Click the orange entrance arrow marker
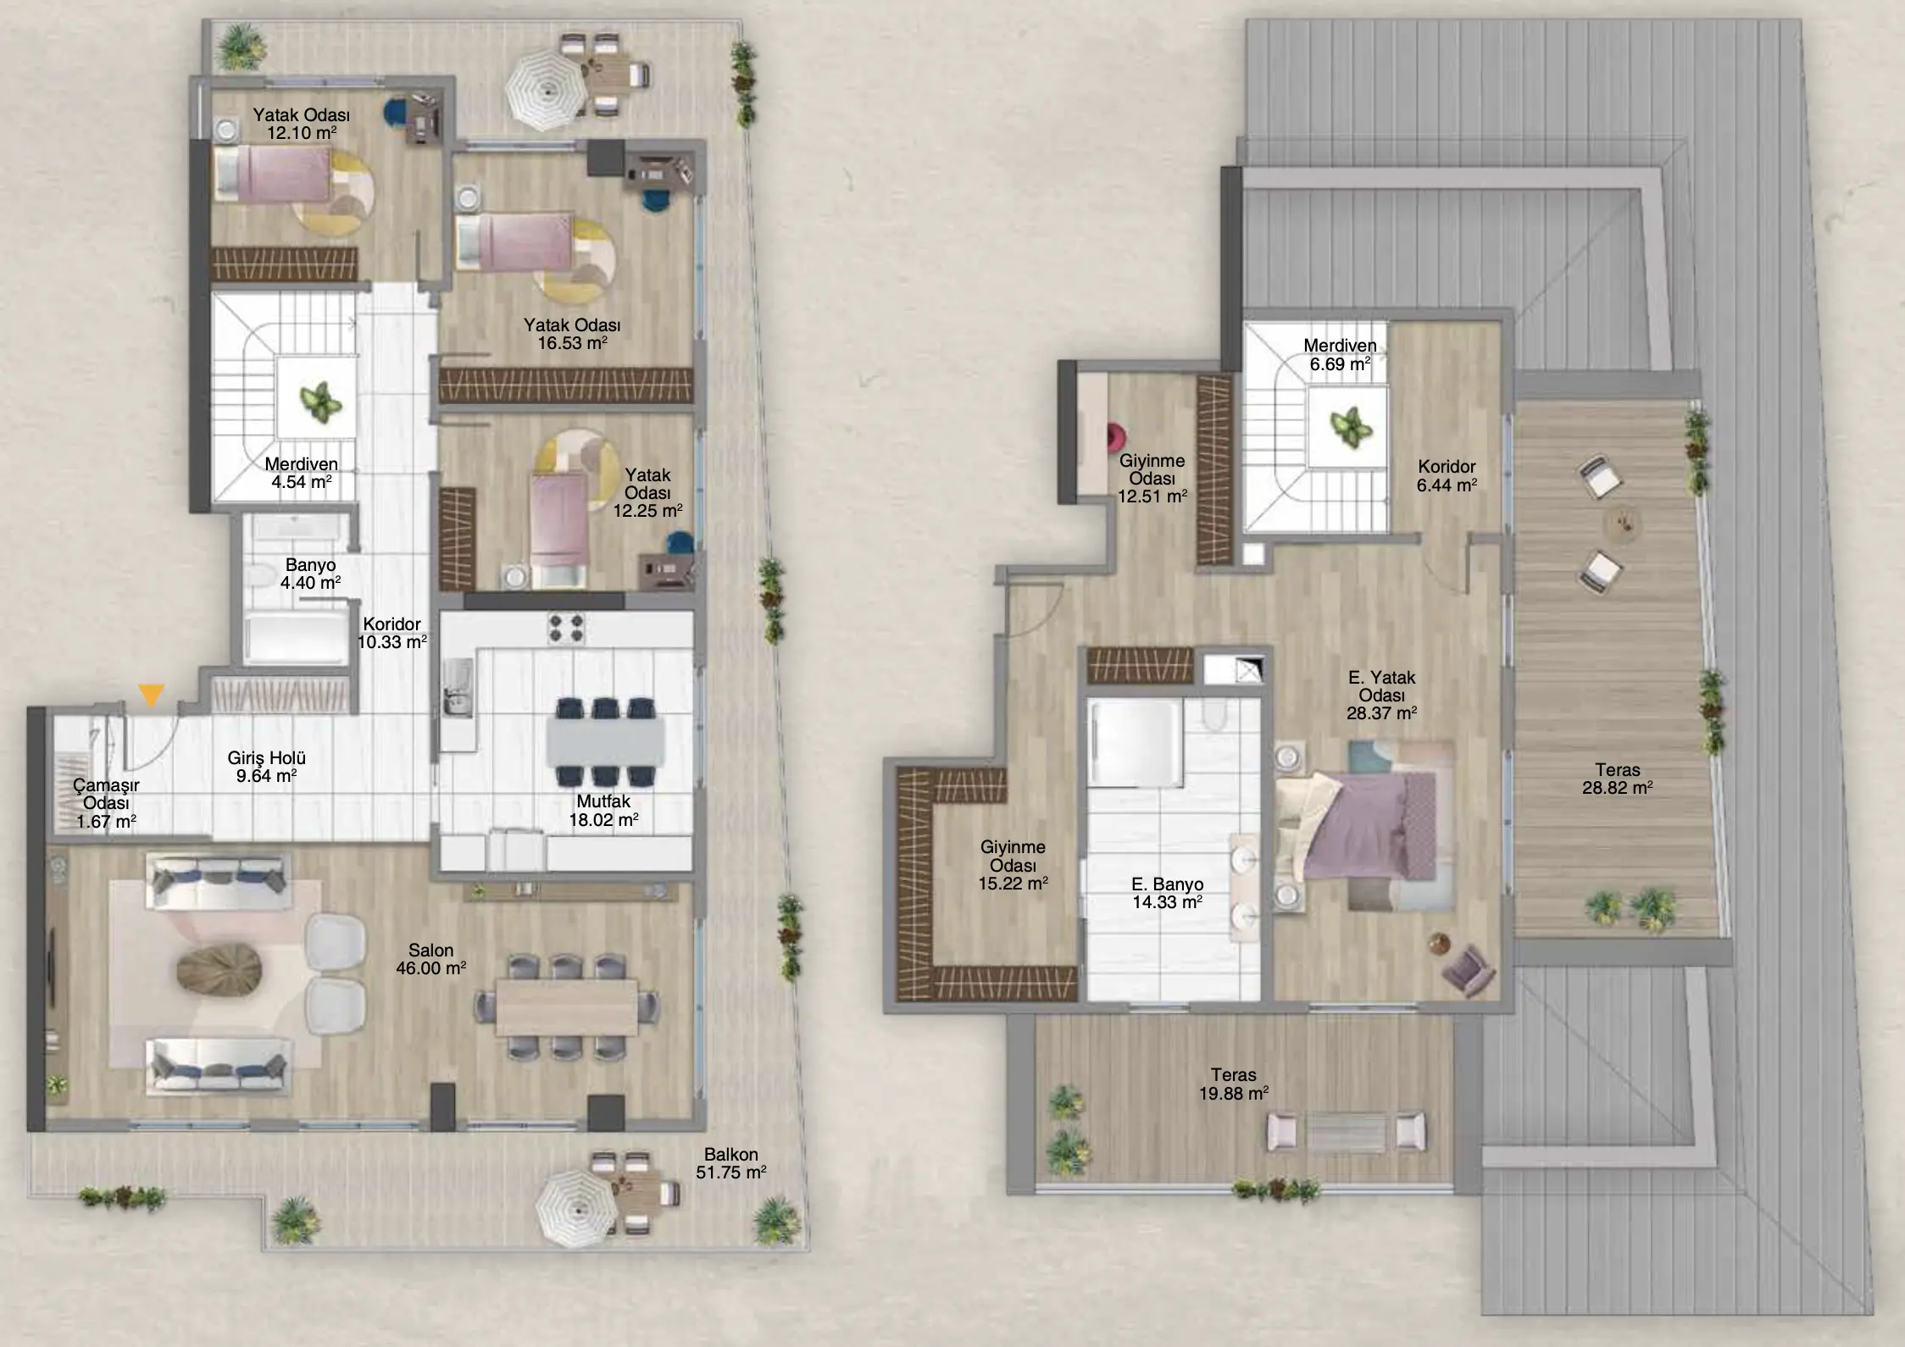(152, 696)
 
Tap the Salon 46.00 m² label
(430, 959)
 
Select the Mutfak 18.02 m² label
(603, 811)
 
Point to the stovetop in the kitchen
(566, 629)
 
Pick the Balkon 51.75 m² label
(731, 1163)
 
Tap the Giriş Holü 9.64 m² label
(267, 767)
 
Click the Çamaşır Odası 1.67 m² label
(107, 802)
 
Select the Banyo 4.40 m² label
(311, 574)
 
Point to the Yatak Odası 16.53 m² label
(572, 334)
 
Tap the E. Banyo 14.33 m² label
(1168, 893)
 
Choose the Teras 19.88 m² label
(1234, 1084)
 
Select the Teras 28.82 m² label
(1618, 779)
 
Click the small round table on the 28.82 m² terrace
(1622, 522)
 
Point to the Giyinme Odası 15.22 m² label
(1014, 865)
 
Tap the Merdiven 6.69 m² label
(1340, 355)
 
